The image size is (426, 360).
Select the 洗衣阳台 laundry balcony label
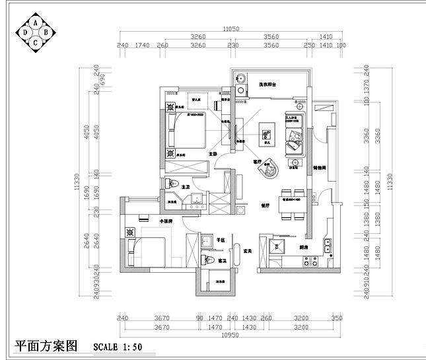point(267,85)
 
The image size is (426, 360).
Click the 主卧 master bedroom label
point(213,153)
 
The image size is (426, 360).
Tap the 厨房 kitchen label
point(303,247)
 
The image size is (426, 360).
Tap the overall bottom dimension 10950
point(229,336)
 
